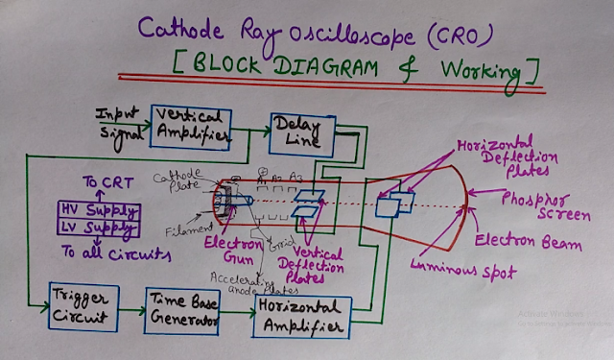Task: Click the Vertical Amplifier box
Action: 192,126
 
